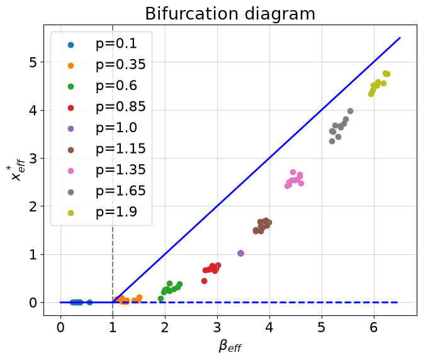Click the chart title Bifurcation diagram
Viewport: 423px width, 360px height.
point(230,13)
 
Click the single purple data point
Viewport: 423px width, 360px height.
point(240,253)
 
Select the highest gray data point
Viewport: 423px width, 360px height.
point(350,111)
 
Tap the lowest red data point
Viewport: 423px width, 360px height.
point(204,281)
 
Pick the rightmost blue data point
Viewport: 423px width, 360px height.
point(90,302)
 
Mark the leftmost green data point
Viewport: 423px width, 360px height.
point(161,298)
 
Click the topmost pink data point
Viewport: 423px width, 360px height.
point(293,172)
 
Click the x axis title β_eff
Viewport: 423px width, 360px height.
point(230,346)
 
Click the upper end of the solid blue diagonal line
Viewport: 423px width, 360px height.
point(400,38)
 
